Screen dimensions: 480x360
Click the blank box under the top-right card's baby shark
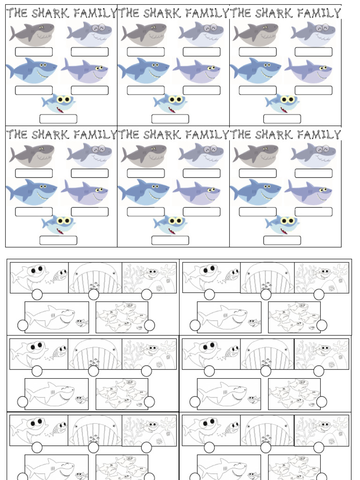(x=282, y=119)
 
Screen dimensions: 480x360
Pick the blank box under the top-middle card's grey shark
(x=145, y=52)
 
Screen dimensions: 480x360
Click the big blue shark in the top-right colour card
(x=255, y=70)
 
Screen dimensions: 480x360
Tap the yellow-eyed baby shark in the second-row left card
(x=59, y=224)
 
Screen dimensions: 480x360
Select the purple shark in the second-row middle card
(x=197, y=191)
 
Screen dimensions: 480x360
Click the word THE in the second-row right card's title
(x=240, y=135)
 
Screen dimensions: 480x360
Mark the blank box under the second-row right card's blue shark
(x=257, y=212)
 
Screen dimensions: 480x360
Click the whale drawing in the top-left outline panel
(x=95, y=277)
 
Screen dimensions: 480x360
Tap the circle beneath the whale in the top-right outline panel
(x=266, y=294)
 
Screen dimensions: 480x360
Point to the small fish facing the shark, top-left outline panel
(x=60, y=275)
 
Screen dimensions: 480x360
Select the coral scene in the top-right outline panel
(x=322, y=277)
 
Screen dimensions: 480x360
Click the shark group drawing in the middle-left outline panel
(x=121, y=394)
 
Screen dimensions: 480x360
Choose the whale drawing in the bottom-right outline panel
(x=267, y=430)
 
